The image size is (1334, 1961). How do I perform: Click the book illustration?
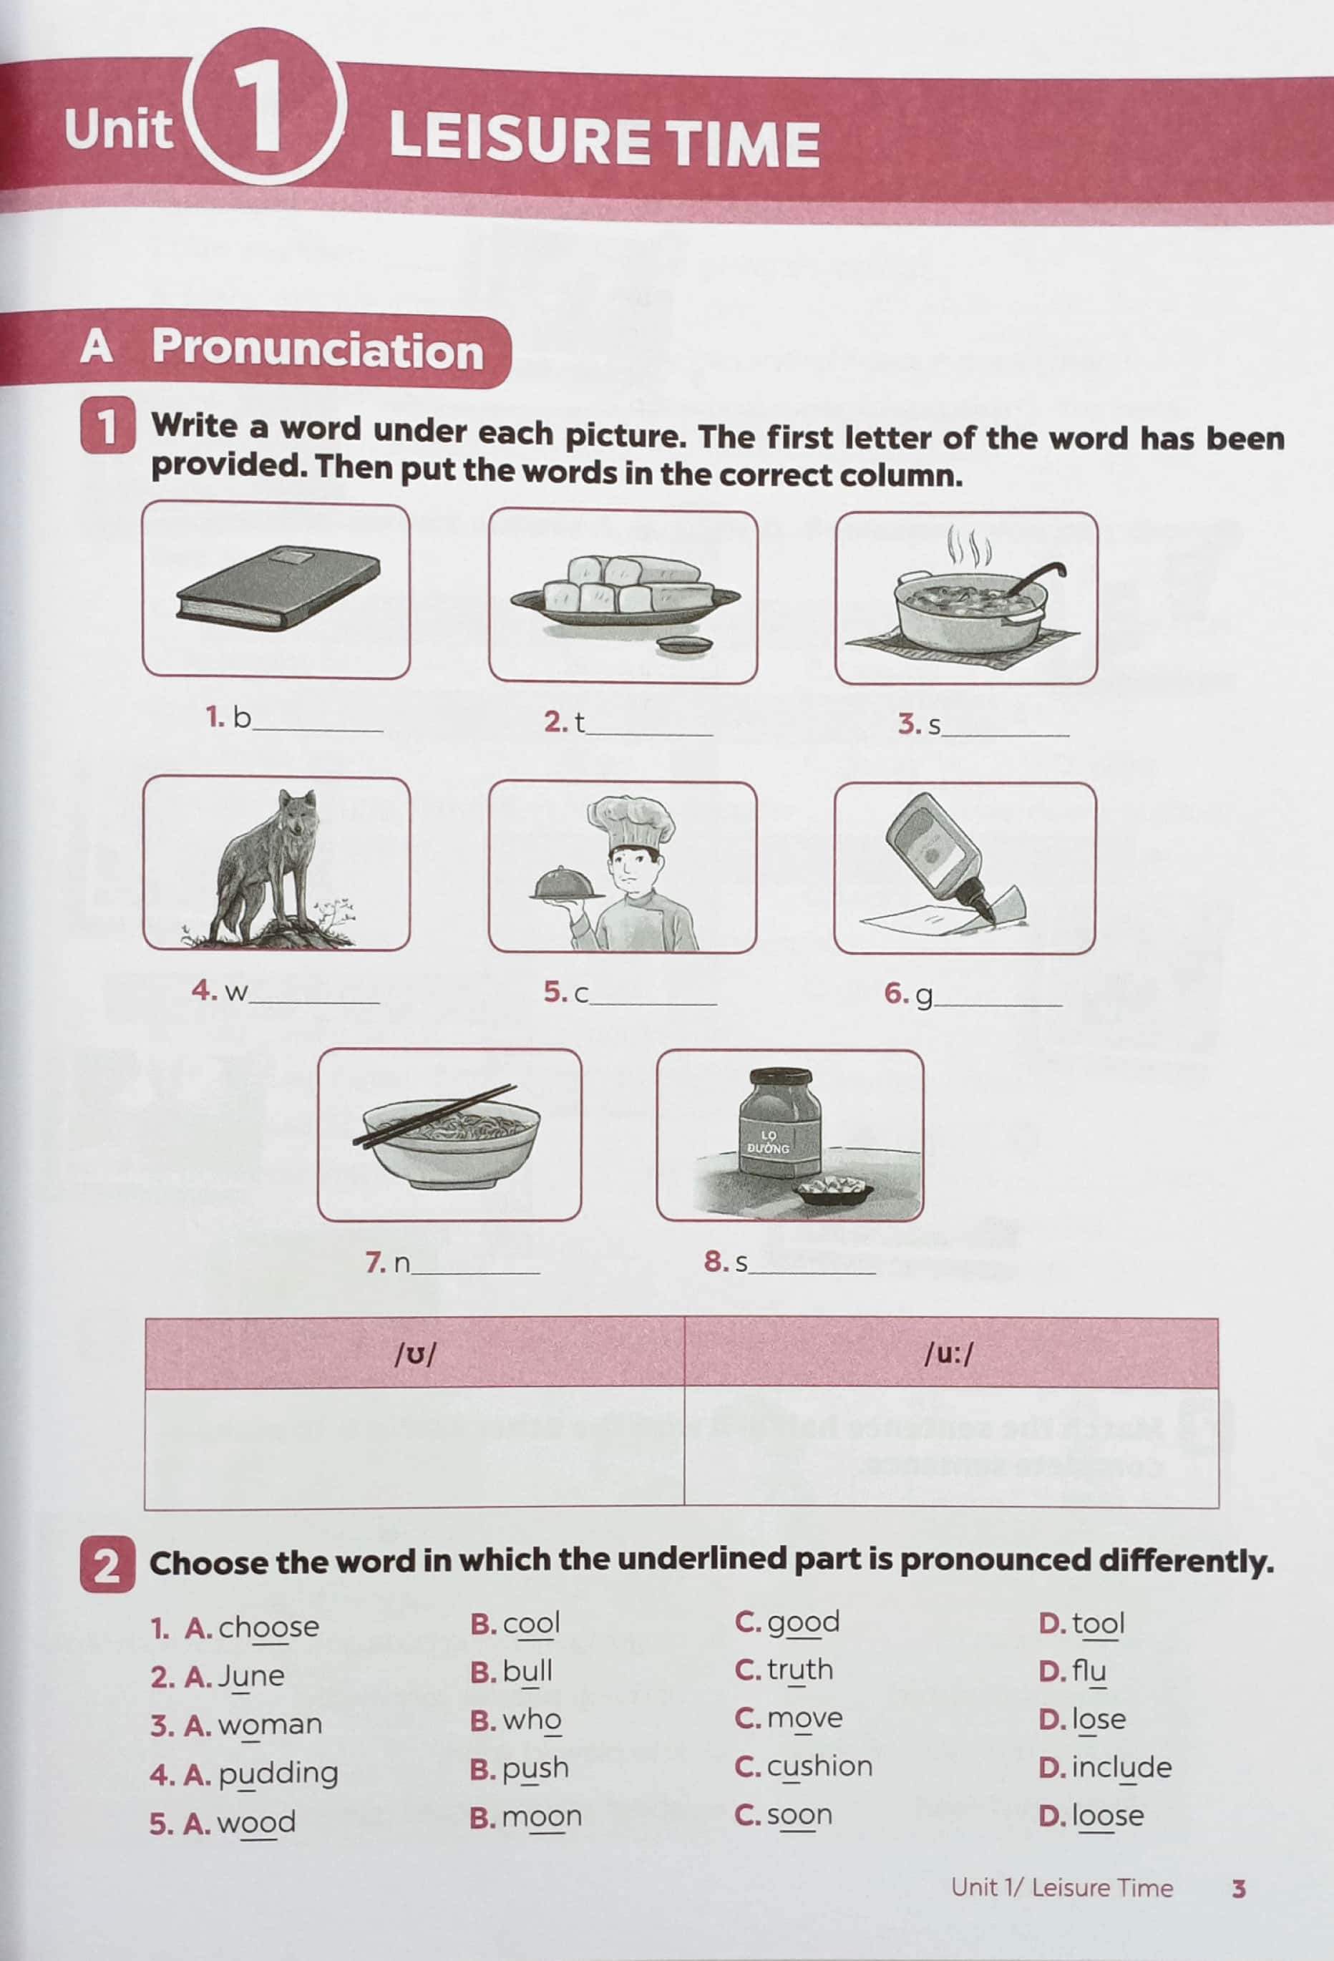[x=278, y=588]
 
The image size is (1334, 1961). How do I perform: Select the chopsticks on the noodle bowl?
[x=434, y=1116]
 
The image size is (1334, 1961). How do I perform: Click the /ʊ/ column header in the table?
[x=415, y=1354]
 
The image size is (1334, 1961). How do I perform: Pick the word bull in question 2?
[x=527, y=1670]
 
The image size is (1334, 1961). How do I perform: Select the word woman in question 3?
[x=270, y=1724]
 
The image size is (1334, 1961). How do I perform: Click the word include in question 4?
[x=1121, y=1766]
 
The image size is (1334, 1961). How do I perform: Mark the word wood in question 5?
[x=256, y=1823]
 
